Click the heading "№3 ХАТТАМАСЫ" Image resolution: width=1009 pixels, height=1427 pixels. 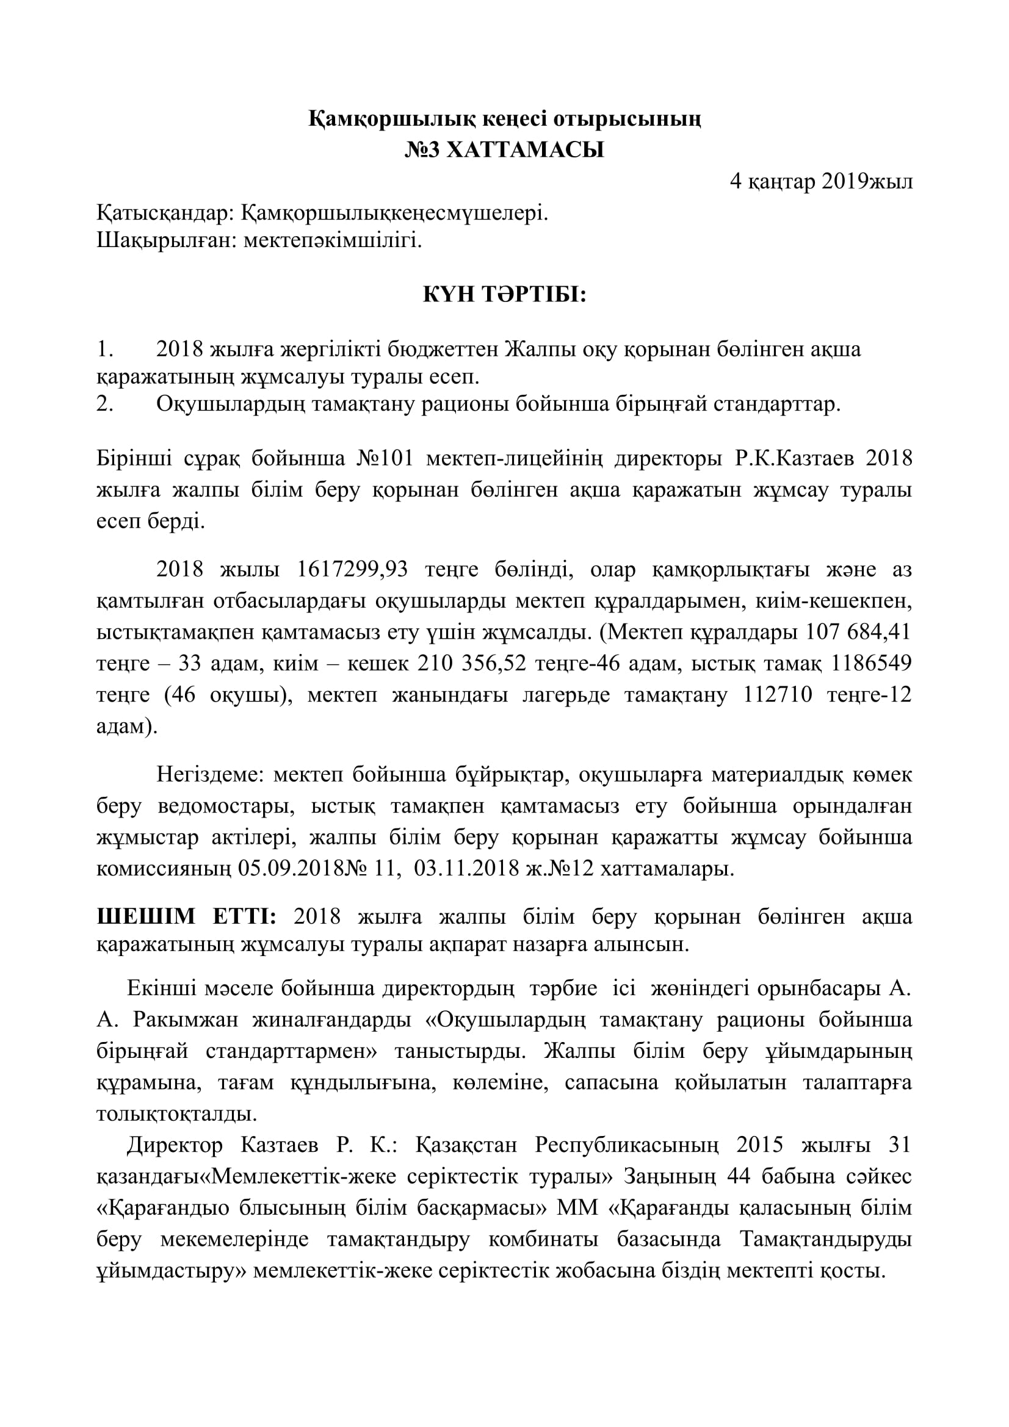pyautogui.click(x=504, y=151)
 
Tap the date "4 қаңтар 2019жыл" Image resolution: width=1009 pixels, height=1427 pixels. pyautogui.click(x=820, y=181)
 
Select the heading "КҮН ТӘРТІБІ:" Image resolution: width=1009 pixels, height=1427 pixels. pyautogui.click(x=504, y=295)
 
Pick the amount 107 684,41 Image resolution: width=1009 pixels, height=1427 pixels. pyautogui.click(x=858, y=631)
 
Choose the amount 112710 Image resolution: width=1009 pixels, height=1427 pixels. pyautogui.click(x=778, y=694)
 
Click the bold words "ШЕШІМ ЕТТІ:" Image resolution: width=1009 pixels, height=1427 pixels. pyautogui.click(x=187, y=917)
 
